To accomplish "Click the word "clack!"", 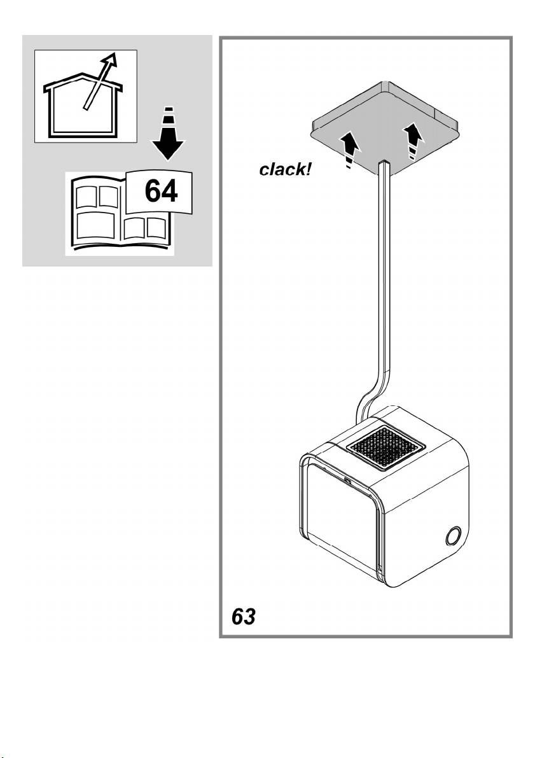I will pos(286,171).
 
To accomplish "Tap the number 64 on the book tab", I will pos(160,192).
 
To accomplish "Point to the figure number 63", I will pos(243,617).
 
